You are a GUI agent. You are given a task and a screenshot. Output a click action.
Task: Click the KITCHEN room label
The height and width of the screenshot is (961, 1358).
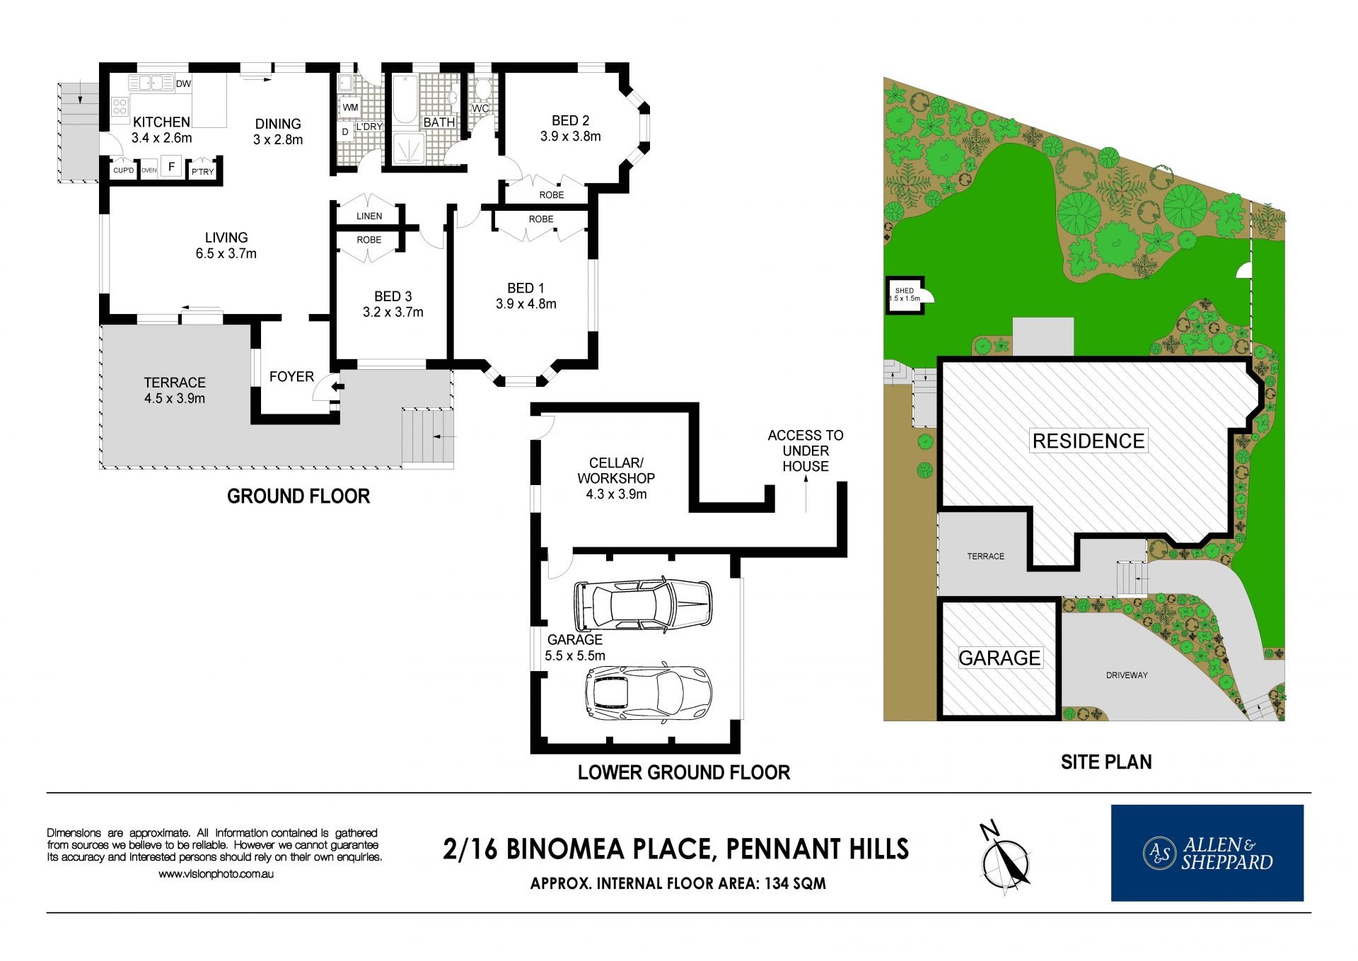tap(161, 122)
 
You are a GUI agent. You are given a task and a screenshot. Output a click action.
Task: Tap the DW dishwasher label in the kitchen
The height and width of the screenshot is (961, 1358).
tap(183, 83)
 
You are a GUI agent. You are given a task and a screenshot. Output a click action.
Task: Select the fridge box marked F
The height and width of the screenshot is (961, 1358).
tap(172, 167)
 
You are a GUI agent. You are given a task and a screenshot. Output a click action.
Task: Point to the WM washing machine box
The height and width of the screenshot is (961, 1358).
tap(350, 107)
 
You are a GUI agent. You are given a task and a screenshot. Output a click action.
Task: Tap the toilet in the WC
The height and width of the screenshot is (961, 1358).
tap(482, 88)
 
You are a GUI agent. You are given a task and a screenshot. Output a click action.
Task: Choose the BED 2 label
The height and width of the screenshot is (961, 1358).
tap(570, 121)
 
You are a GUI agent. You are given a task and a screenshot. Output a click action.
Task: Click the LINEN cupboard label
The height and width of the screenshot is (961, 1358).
tap(369, 216)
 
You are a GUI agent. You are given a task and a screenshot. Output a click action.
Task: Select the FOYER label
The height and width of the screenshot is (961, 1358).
tap(291, 376)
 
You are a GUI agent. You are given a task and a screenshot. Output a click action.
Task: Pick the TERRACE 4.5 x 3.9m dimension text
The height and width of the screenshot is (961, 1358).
tap(175, 398)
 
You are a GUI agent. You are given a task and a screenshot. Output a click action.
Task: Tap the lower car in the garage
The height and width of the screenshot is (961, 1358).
tap(648, 693)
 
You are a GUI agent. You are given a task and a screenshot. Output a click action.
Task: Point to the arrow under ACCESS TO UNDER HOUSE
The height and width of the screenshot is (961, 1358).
tap(806, 494)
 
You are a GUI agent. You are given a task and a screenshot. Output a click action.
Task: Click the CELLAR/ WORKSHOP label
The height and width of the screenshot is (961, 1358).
tap(616, 470)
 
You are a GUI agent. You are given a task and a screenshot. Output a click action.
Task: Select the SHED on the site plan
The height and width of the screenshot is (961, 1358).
tap(905, 294)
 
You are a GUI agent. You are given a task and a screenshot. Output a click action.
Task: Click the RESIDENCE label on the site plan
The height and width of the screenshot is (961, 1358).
tap(1088, 441)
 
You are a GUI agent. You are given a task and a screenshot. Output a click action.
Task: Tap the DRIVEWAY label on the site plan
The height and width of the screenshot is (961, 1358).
tap(1127, 675)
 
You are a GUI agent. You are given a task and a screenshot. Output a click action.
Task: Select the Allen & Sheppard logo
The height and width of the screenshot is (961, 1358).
tap(1207, 853)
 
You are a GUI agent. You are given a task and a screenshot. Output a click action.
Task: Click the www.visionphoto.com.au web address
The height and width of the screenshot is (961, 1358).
tap(216, 874)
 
